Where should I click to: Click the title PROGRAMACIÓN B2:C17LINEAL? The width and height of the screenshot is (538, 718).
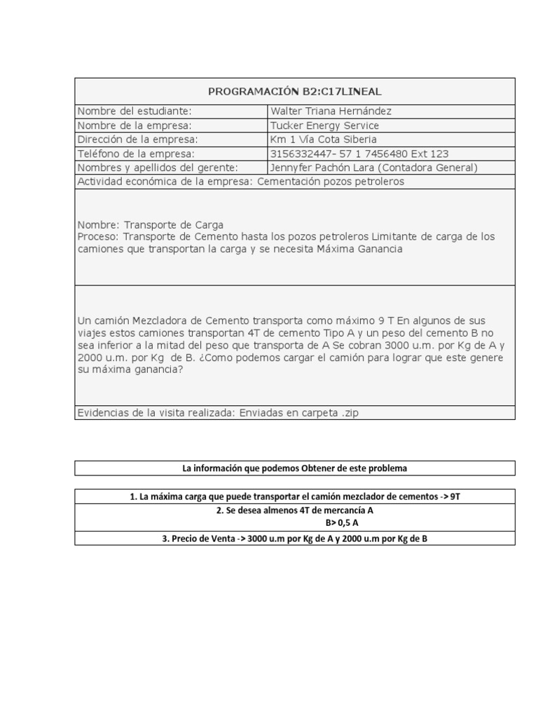coord(294,91)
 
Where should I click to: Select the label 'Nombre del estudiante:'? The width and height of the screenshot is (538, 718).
coord(134,111)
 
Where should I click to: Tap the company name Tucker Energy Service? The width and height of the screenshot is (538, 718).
coord(324,126)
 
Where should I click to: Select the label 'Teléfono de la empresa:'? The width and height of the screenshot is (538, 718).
coord(136,154)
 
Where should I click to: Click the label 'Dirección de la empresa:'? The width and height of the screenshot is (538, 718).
coord(138,140)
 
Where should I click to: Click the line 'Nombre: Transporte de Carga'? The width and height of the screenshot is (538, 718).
coord(151,225)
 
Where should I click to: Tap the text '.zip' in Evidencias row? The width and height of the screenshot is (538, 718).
coord(347,413)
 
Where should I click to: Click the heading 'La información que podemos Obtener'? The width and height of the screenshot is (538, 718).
coord(294,468)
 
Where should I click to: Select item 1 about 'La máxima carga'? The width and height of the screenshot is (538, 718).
coord(294,496)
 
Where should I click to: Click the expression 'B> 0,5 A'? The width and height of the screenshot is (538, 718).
coord(343,523)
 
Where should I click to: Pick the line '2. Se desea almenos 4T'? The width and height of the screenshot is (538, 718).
coord(294,511)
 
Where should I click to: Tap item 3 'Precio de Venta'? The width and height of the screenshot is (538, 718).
coord(294,538)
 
